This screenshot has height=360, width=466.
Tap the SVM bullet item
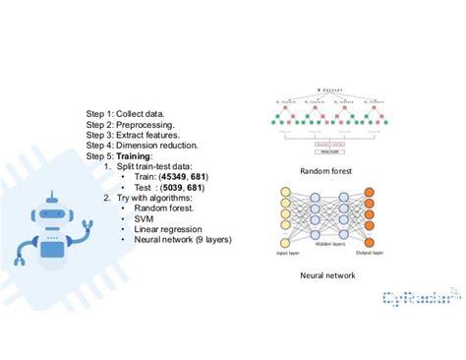pos(145,217)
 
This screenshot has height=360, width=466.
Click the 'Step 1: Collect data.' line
pos(131,113)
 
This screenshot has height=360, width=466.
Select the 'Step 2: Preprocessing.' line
pos(131,124)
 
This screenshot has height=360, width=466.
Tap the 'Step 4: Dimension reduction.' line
pos(145,145)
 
